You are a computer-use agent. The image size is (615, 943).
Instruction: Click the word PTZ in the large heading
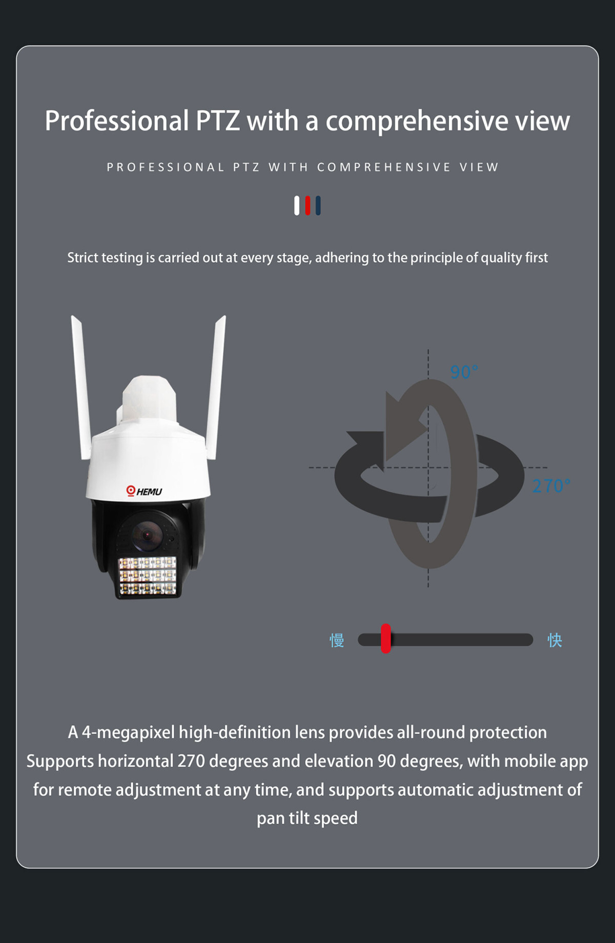tap(218, 121)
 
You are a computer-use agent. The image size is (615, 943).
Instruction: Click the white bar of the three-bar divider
tap(297, 205)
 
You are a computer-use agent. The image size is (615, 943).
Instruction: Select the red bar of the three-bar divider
tap(307, 205)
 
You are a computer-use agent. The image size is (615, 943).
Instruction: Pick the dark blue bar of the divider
tap(318, 205)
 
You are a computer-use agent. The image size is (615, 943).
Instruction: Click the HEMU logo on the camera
tap(144, 491)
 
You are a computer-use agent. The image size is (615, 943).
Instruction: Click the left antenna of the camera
tap(81, 387)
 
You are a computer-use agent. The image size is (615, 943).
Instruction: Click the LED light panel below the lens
tap(148, 576)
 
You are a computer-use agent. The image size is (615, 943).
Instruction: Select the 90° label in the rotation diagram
tap(464, 372)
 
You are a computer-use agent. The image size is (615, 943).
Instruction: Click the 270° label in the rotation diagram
tap(551, 486)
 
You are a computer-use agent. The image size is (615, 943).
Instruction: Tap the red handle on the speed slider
tap(386, 638)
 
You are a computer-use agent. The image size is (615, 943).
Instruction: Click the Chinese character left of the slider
tap(337, 640)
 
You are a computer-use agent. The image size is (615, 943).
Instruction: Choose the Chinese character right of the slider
tap(555, 640)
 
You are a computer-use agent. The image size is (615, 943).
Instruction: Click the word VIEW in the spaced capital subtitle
tap(479, 167)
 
